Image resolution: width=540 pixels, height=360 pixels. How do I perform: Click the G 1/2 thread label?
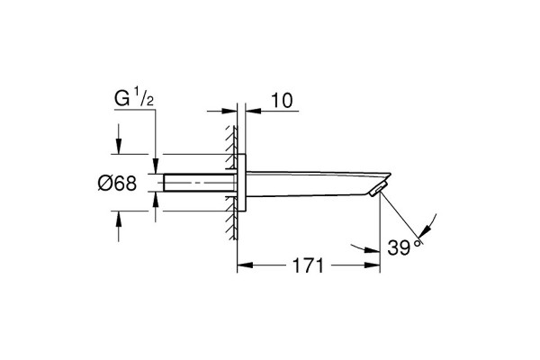click(134, 98)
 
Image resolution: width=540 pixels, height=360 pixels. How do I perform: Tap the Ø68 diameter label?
click(117, 183)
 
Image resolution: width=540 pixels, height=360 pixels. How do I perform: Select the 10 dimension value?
click(282, 101)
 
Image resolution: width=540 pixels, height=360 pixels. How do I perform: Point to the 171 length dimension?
click(308, 265)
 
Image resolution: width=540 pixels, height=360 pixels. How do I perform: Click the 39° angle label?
click(404, 247)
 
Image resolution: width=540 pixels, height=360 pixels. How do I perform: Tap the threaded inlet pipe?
click(200, 183)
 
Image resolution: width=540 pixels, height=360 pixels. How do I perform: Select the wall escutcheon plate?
click(242, 182)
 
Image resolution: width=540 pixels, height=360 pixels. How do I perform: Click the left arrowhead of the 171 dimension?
click(245, 265)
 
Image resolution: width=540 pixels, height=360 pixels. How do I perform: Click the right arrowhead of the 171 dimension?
click(373, 265)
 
